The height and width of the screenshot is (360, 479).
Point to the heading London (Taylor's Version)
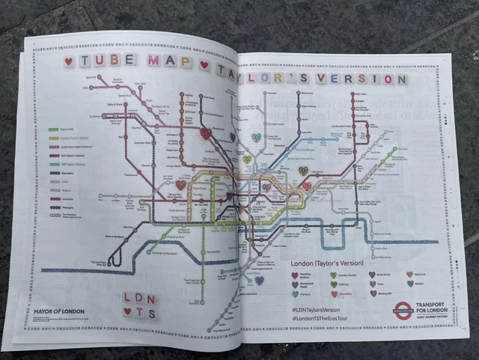click(x=327, y=263)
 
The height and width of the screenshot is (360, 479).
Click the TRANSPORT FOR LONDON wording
click(x=439, y=307)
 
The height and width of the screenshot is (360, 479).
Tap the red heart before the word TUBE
click(x=69, y=61)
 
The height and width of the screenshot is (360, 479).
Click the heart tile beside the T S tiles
click(x=128, y=312)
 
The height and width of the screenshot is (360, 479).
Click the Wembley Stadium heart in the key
click(x=295, y=275)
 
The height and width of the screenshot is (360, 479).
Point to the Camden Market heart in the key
click(x=333, y=275)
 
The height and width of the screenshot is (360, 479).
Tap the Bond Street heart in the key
click(x=373, y=275)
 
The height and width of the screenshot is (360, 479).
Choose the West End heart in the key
click(x=410, y=275)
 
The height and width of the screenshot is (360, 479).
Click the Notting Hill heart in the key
click(x=373, y=293)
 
